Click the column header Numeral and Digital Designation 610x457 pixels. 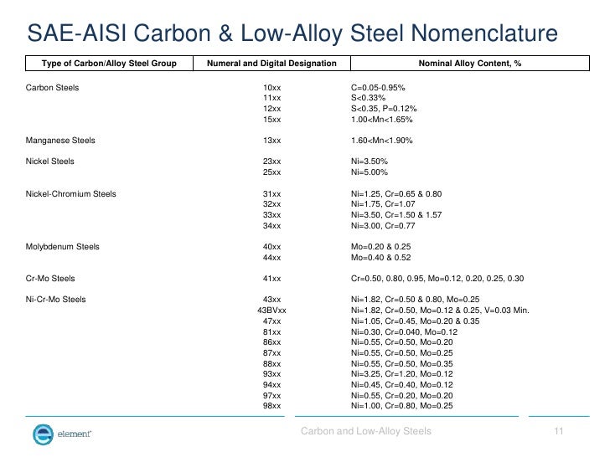272,64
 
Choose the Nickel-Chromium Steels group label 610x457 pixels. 71,194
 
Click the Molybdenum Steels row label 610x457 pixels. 63,247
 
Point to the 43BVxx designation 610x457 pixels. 271,310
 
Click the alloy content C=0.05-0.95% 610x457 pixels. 385,87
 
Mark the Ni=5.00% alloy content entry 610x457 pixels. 370,172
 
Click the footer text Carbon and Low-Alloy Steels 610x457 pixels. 366,431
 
